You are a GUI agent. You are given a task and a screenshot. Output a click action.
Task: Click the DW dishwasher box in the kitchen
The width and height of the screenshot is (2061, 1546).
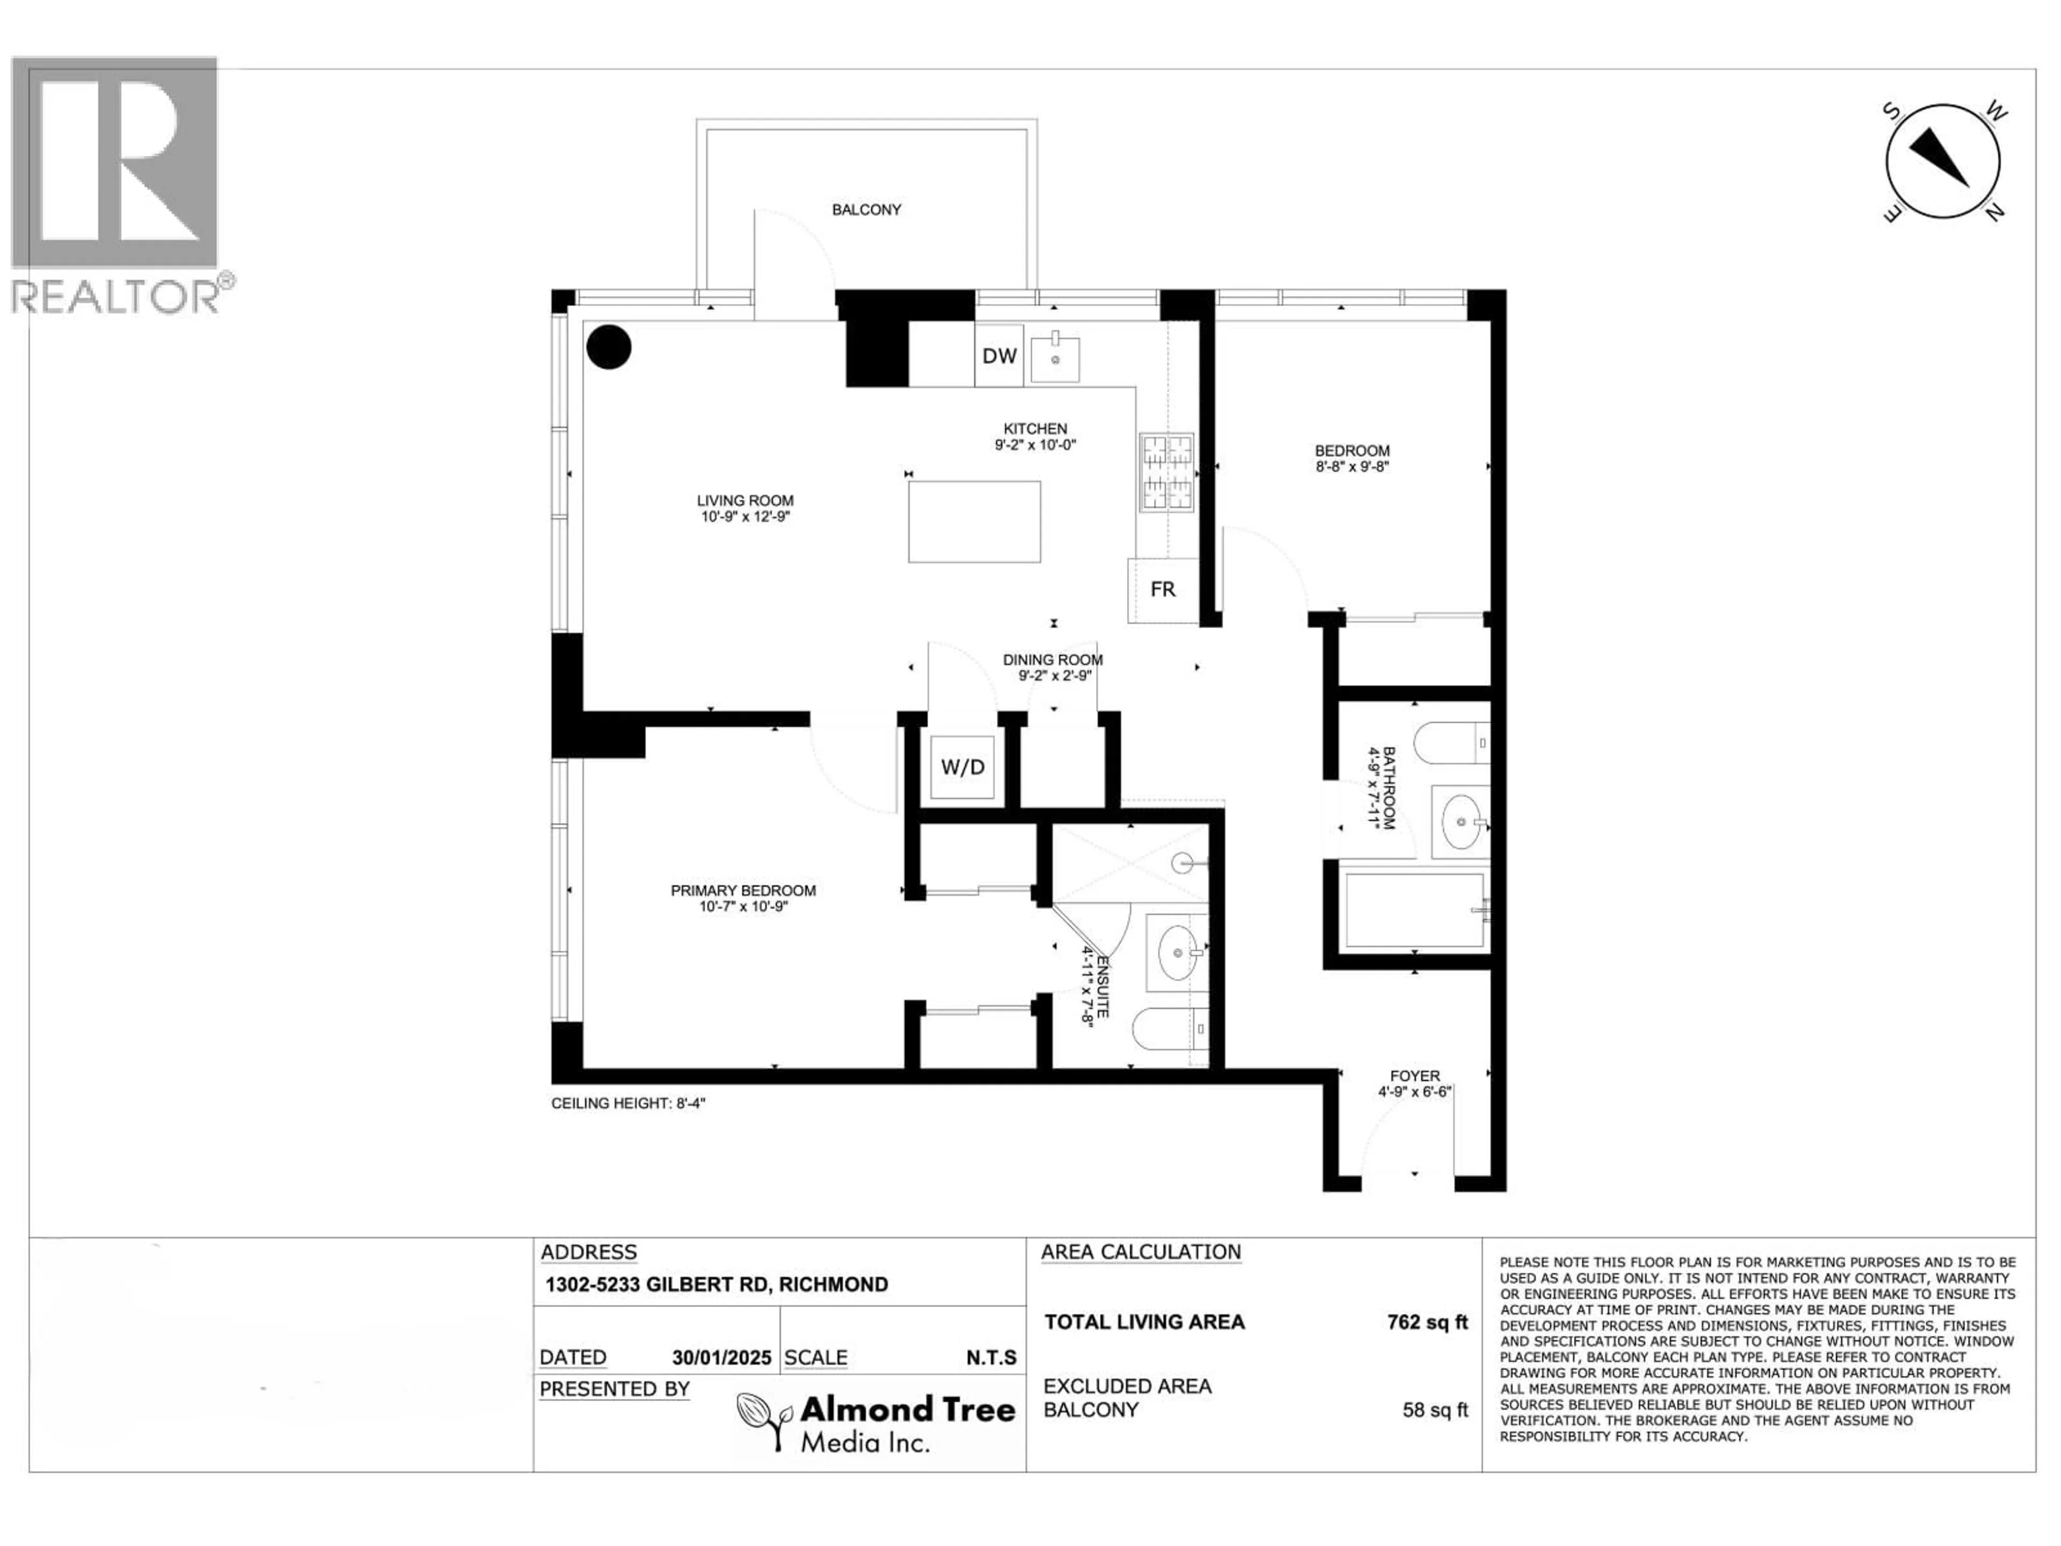(999, 355)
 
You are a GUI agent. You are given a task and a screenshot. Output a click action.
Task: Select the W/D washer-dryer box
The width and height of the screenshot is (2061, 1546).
(962, 767)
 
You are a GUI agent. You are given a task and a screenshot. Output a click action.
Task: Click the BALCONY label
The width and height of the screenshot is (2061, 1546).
(866, 210)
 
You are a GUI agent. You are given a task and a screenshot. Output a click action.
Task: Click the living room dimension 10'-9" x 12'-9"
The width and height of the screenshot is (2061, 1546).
(746, 516)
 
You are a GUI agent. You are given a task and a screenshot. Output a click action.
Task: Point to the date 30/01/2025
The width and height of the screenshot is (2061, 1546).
(721, 1358)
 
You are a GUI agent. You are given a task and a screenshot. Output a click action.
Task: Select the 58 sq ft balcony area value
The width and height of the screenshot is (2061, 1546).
(1434, 1410)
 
